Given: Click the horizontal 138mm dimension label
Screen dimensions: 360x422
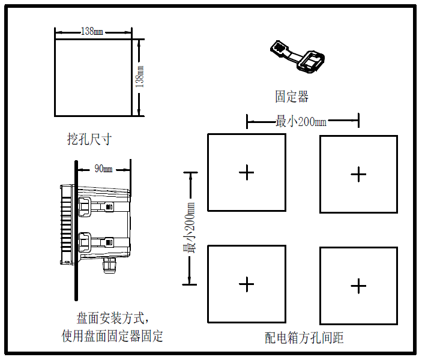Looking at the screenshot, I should pyautogui.click(x=91, y=32).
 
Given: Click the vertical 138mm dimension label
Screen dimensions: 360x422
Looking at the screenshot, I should pyautogui.click(x=140, y=78).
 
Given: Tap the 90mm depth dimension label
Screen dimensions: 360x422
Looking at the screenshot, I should pyautogui.click(x=104, y=169).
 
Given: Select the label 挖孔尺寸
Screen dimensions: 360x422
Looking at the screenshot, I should pyautogui.click(x=89, y=139).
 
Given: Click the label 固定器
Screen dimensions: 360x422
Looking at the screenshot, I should pyautogui.click(x=292, y=96).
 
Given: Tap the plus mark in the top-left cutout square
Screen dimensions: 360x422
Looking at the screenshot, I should pyautogui.click(x=247, y=173).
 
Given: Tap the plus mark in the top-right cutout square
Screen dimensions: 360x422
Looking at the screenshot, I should pyautogui.click(x=358, y=174).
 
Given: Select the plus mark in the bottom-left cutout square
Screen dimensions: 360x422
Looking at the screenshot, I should pyautogui.click(x=247, y=284).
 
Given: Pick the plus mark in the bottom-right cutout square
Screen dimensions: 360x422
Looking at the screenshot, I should pyautogui.click(x=358, y=286).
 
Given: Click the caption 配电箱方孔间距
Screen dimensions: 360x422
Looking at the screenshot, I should pyautogui.click(x=304, y=338).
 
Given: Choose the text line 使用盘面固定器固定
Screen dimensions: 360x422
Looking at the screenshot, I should pyautogui.click(x=113, y=335).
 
